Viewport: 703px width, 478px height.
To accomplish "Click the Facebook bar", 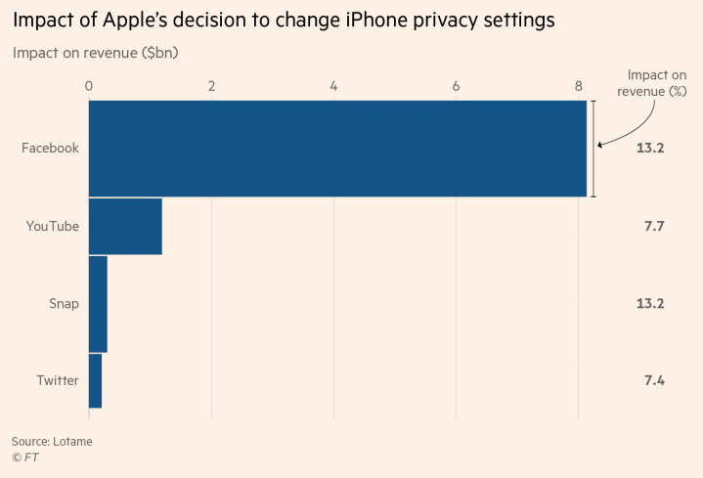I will [x=337, y=149].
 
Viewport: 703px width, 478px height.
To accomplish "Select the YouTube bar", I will [x=125, y=226].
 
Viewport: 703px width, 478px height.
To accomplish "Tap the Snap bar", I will [x=98, y=303].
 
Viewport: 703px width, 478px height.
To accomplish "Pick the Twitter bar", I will [x=95, y=380].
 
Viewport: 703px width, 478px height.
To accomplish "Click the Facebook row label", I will [x=51, y=149].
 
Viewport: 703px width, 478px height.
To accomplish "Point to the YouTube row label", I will [x=53, y=226].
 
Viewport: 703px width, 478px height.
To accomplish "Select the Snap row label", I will [x=64, y=303].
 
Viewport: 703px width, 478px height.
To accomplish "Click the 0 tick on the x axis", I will [x=89, y=86].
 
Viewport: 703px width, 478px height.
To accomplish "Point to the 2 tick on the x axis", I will [x=211, y=86].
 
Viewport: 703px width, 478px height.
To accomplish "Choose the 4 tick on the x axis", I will [x=334, y=86].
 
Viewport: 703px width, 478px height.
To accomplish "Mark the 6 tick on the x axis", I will [x=457, y=86].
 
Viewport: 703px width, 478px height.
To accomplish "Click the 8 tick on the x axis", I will [x=579, y=86].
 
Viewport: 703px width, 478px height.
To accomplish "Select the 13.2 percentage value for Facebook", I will [x=650, y=149].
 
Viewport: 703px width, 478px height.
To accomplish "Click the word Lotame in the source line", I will [x=72, y=442].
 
